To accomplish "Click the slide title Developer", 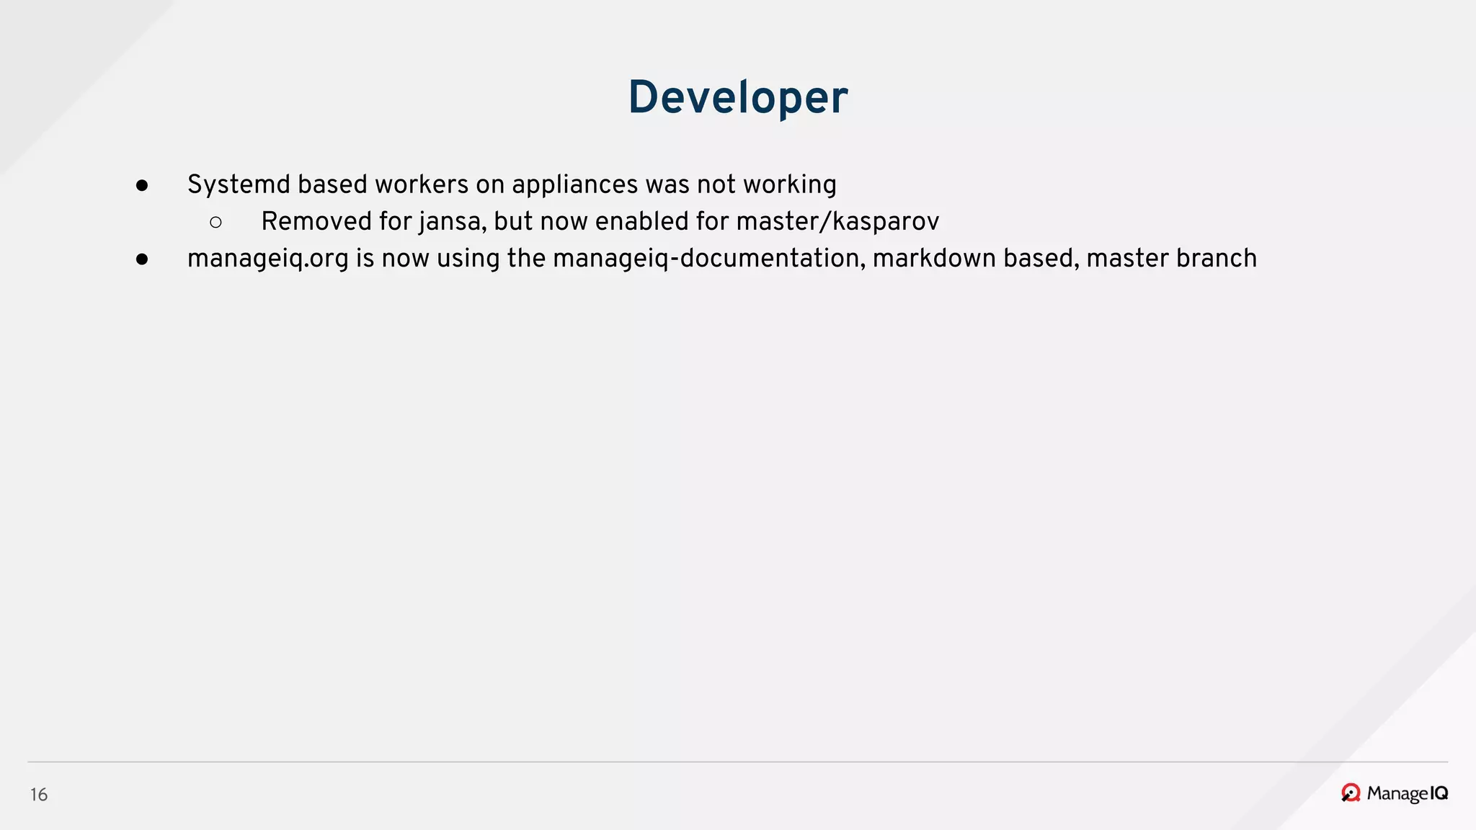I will click(x=738, y=97).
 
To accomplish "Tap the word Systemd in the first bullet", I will click(x=239, y=185).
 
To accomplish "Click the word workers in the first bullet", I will click(x=422, y=184).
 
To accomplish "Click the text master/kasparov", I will click(x=837, y=222).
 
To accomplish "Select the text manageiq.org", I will click(x=268, y=259).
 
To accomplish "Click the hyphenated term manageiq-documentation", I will click(x=709, y=259).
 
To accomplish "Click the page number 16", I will click(x=39, y=795).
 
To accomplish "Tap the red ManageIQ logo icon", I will click(x=1351, y=793).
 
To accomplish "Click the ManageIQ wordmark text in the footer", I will click(x=1407, y=793).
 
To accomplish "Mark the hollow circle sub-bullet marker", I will click(x=215, y=223).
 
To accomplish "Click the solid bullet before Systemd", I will click(x=142, y=186).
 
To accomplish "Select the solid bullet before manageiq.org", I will click(x=142, y=259).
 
